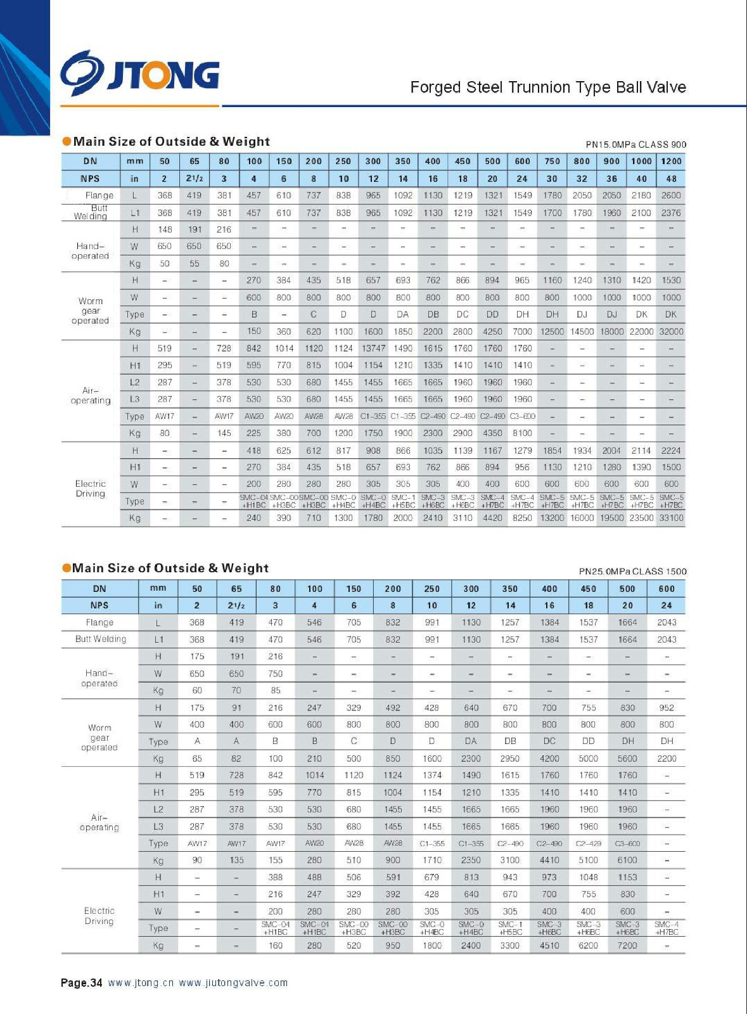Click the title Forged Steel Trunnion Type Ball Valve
547,87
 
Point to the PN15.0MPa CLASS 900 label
635,144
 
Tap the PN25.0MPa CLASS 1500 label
632,571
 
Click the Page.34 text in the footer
81,983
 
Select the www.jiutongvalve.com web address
233,983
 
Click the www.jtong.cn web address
141,983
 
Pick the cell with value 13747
373,348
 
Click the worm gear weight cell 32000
671,331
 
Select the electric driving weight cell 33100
671,518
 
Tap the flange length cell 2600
671,195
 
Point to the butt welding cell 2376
671,213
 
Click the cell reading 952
667,707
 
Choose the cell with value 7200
627,945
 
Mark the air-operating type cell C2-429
588,844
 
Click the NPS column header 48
671,179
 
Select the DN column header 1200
671,161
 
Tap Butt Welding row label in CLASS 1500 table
100,639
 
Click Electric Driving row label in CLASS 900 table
90,489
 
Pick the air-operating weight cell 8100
522,433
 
